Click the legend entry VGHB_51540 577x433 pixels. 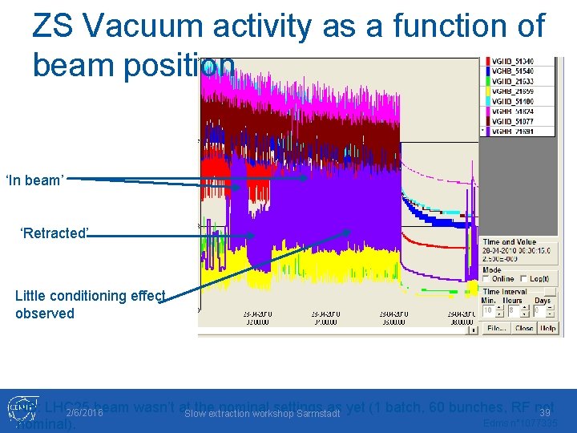(x=513, y=71)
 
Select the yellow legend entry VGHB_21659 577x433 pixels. (x=513, y=91)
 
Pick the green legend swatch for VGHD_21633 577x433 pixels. (x=486, y=82)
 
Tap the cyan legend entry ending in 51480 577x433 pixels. (x=513, y=101)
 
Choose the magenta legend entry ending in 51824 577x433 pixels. (x=513, y=111)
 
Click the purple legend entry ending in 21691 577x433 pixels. (x=513, y=132)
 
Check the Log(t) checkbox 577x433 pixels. (x=525, y=279)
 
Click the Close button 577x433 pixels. (x=524, y=328)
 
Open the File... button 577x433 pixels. (x=497, y=328)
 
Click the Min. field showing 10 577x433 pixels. (x=488, y=310)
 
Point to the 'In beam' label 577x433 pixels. (x=34, y=180)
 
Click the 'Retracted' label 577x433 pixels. (x=54, y=233)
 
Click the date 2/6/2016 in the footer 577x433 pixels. (x=84, y=412)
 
